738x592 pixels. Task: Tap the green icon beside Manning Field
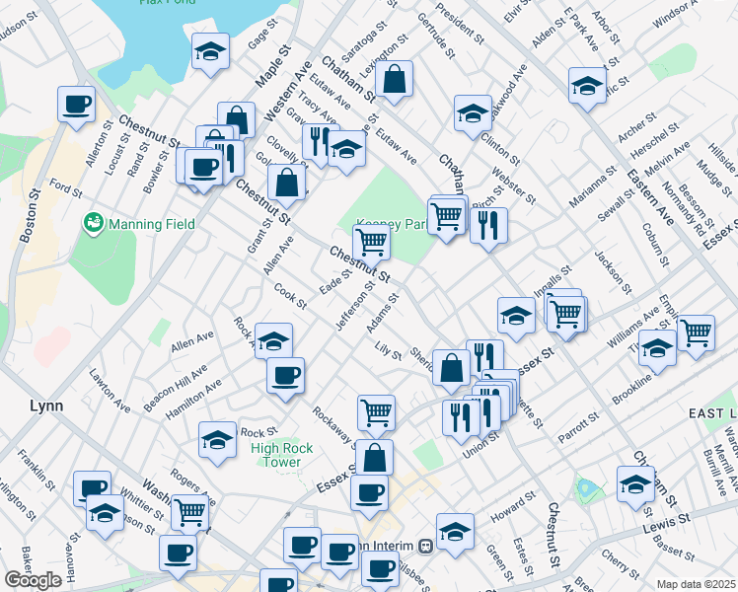tap(95, 224)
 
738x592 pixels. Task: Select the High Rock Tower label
tap(282, 455)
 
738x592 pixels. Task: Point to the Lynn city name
tap(46, 406)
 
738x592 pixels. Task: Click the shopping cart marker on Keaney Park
tap(371, 240)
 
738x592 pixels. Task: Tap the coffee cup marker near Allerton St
tap(76, 104)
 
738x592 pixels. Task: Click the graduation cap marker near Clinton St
tap(473, 112)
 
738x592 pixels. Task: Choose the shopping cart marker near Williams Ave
tap(696, 332)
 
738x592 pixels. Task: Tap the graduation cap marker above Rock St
tap(217, 440)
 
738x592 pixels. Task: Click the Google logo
tap(33, 580)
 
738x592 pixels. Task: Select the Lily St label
tap(388, 351)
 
